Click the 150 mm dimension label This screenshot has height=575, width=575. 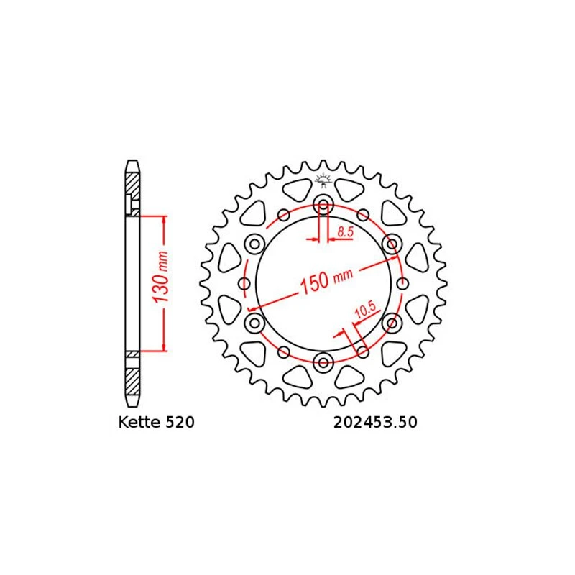tap(327, 280)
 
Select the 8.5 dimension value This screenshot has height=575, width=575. tap(345, 231)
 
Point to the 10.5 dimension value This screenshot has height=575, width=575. tap(365, 309)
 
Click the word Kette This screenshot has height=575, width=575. tap(140, 422)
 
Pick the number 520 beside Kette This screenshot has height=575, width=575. tap(180, 422)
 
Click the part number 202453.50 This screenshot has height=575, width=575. tap(375, 422)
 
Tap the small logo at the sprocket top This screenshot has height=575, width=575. tap(323, 180)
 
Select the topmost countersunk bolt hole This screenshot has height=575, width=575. tap(323, 204)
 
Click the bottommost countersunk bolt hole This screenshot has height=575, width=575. tap(323, 363)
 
